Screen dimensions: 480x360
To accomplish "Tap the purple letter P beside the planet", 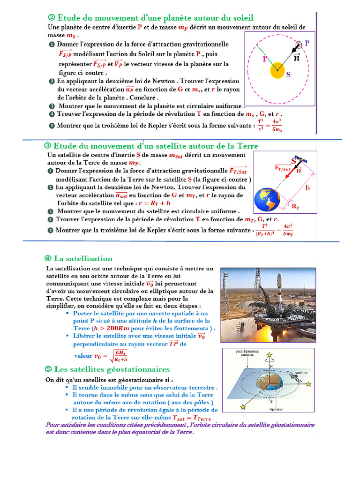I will tap(307, 43).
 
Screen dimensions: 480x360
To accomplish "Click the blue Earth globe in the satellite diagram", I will tap(267, 201).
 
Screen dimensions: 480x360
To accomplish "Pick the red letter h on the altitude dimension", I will tap(308, 187).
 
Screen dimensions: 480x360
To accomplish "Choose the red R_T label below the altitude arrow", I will tap(296, 206).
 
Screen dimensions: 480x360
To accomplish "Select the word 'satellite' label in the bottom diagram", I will tap(302, 371).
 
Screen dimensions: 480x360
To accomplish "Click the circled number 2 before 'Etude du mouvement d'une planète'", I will tap(52, 18).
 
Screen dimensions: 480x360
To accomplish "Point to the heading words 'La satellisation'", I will tap(83, 258).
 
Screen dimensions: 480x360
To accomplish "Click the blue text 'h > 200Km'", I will tap(115, 328).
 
